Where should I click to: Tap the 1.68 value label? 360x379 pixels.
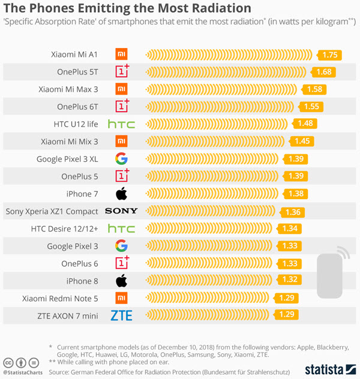[323, 73]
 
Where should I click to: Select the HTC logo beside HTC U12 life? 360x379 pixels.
[121, 124]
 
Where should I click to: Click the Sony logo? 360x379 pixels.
[121, 211]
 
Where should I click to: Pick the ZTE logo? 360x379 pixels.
[121, 315]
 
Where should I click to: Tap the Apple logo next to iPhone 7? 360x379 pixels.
[121, 194]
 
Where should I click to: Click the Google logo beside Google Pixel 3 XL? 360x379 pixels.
[121, 159]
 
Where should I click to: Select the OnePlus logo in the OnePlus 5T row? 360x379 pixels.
[122, 72]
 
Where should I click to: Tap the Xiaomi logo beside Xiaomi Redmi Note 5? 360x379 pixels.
[121, 298]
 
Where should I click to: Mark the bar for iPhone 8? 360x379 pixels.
[210, 281]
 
